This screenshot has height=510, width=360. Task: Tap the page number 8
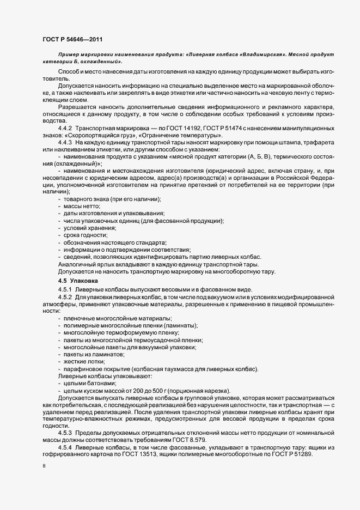[x=44, y=466]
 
